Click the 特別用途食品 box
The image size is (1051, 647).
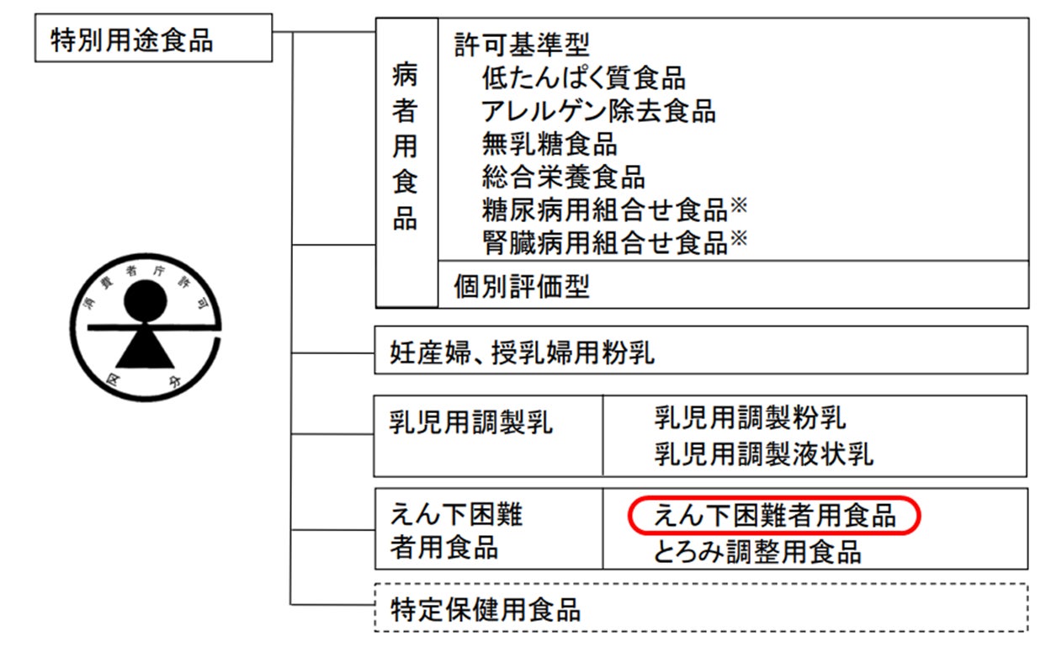(152, 39)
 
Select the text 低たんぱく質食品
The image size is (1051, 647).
(584, 78)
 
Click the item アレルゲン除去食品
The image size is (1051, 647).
(598, 111)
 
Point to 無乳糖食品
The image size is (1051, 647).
(549, 144)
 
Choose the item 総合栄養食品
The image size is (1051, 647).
(564, 178)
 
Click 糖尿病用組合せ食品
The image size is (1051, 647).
(605, 210)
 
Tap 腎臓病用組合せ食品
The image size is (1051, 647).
(605, 243)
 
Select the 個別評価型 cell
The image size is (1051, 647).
(522, 286)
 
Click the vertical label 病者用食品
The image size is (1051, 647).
(406, 148)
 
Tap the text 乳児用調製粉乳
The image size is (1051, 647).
(750, 417)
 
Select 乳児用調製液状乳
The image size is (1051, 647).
(763, 455)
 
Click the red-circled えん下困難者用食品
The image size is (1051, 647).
(774, 515)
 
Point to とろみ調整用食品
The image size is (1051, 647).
(757, 552)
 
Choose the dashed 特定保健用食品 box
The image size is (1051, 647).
(486, 609)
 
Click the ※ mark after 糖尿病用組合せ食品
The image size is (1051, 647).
(739, 204)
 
